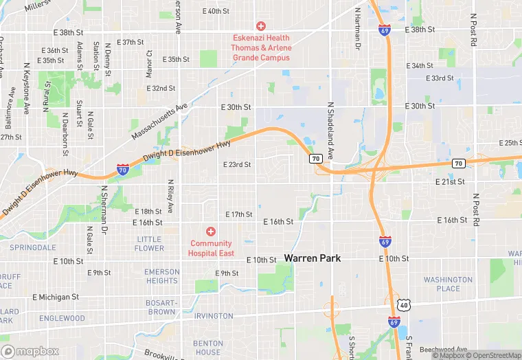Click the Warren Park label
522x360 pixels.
click(313, 258)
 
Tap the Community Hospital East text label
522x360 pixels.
click(212, 248)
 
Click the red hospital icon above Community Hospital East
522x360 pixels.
click(211, 232)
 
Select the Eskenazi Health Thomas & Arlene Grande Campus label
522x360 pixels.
click(260, 47)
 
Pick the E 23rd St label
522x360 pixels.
click(237, 165)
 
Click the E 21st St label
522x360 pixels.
click(450, 181)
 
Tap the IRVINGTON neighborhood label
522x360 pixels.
click(214, 316)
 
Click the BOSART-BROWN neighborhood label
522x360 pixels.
click(161, 307)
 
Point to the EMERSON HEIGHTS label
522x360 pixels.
click(161, 276)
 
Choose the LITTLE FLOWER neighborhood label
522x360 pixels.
click(150, 244)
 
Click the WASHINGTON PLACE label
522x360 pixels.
click(448, 284)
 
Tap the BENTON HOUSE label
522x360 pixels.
click(208, 348)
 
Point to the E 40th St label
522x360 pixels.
click(216, 11)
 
